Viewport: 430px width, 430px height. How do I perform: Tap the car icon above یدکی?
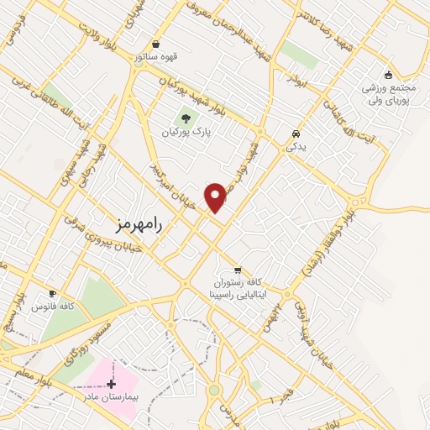click(296, 134)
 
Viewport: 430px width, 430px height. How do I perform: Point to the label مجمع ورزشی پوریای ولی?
click(389, 94)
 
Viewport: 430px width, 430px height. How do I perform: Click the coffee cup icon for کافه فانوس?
click(53, 294)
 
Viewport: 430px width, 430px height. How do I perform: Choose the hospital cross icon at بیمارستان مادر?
click(112, 383)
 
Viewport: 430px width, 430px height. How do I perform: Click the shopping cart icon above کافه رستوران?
click(239, 270)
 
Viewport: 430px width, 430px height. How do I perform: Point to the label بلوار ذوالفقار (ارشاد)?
click(320, 244)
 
